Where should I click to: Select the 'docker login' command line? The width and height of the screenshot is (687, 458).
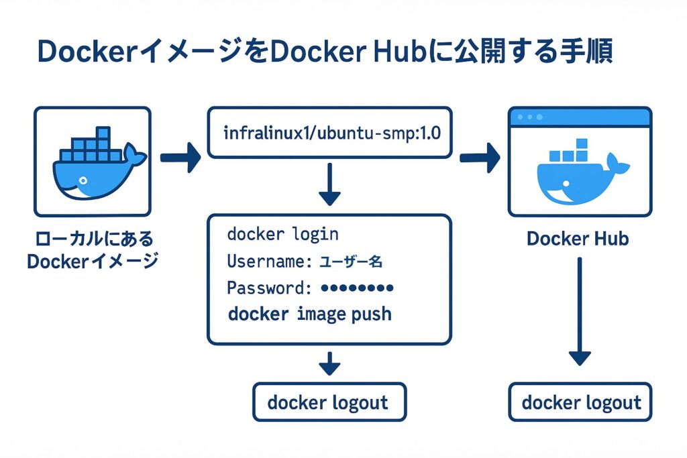[282, 234]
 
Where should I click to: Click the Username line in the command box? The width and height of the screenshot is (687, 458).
[305, 261]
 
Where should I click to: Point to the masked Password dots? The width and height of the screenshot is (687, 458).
[357, 288]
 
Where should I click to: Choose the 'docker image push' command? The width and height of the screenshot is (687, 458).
[309, 314]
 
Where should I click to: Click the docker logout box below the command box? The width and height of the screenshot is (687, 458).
[328, 402]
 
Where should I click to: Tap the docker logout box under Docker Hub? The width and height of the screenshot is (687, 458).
[581, 402]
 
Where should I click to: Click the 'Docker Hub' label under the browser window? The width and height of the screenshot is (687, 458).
[578, 239]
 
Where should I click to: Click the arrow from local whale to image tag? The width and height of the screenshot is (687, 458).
[180, 158]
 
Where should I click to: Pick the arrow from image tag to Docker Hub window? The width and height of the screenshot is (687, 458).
[480, 158]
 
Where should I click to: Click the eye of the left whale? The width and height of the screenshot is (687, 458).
[81, 181]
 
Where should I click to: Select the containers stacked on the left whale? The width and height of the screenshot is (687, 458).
[92, 144]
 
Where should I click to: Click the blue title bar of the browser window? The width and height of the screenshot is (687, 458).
[580, 117]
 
